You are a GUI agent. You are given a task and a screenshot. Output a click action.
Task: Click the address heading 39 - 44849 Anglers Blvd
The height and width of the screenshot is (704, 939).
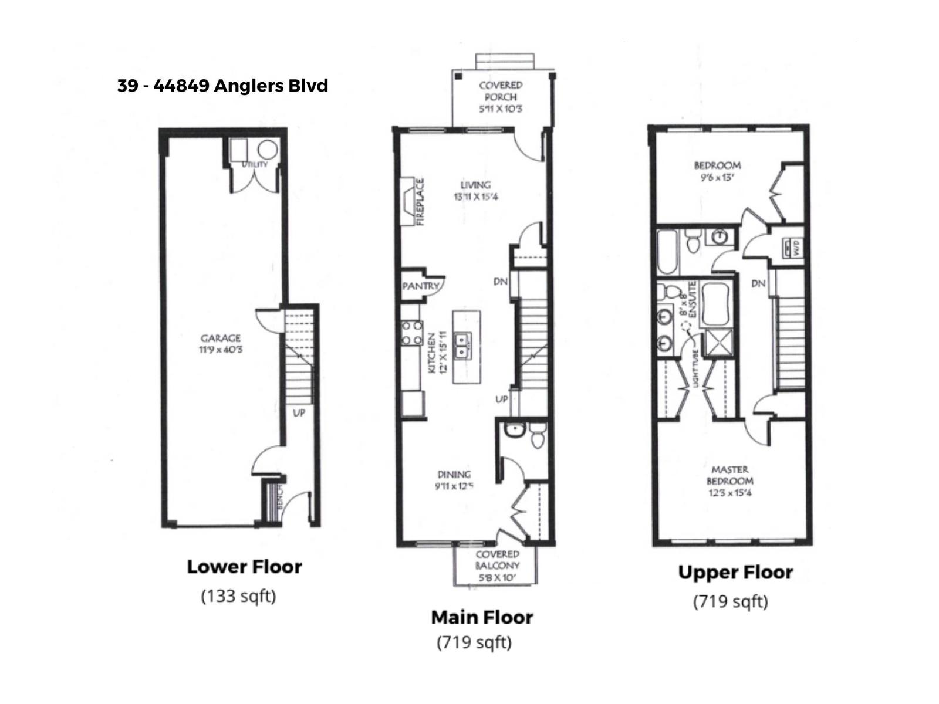(222, 86)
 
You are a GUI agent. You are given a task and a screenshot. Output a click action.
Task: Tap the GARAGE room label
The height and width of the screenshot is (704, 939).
(221, 339)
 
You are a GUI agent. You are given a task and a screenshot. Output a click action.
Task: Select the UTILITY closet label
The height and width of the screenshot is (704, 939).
(255, 165)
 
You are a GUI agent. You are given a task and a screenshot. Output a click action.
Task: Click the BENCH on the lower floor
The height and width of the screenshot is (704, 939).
(280, 497)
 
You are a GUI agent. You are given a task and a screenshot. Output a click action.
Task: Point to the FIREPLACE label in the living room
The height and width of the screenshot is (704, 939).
(420, 202)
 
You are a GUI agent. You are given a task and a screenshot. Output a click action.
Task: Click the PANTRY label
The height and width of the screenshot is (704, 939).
(421, 286)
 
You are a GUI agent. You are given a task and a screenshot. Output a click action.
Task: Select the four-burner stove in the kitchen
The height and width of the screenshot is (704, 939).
(411, 332)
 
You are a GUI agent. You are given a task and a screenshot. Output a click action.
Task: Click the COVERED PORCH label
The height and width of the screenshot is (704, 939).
(501, 91)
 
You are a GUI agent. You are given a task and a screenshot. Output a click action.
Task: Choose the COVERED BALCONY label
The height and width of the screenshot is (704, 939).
(497, 560)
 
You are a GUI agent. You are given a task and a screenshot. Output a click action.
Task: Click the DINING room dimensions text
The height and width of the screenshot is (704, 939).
(454, 486)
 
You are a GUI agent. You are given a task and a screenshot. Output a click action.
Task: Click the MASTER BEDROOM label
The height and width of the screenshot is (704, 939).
(729, 475)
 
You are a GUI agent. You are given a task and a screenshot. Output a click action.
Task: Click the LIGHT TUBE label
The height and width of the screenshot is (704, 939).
(696, 367)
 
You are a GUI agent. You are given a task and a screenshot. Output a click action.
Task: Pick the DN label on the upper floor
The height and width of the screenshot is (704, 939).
(758, 283)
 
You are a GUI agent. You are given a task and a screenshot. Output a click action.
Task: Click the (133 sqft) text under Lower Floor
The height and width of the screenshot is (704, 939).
(238, 596)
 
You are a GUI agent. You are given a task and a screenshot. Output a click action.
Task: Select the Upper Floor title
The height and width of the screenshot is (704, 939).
(735, 572)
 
